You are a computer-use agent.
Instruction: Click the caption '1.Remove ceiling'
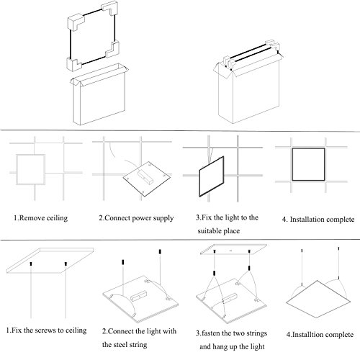coord(40,218)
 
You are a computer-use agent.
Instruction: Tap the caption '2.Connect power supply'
coord(136,218)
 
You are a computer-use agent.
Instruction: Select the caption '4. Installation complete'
coord(318,220)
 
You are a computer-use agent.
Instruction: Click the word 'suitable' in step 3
coord(209,231)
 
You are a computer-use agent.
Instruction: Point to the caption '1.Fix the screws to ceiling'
coord(46,330)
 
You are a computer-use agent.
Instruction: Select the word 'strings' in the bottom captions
coord(256,333)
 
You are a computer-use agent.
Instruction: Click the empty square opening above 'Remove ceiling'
coord(17,170)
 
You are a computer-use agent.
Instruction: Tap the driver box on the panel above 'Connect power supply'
coord(145,176)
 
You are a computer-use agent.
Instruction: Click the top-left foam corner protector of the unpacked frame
coord(76,23)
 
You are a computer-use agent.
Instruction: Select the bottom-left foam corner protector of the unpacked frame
coord(74,64)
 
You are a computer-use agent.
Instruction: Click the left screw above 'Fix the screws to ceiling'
coord(31,264)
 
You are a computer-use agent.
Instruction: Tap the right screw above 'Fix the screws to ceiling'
coord(66,264)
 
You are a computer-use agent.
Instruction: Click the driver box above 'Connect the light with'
coord(139,296)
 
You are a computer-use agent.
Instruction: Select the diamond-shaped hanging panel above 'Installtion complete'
coord(318,299)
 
